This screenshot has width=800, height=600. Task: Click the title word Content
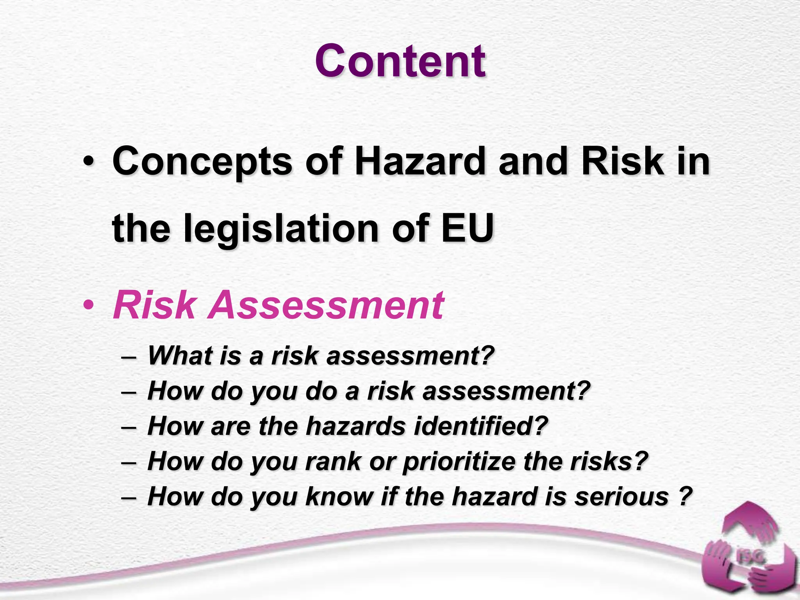tap(400, 61)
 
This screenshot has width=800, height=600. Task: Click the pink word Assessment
tap(326, 305)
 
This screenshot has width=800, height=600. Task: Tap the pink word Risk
tap(154, 305)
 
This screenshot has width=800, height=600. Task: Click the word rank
tap(333, 461)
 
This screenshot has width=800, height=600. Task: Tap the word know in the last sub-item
tap(339, 496)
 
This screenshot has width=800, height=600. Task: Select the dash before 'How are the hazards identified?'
tap(129, 427)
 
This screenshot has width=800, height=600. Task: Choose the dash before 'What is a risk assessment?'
tap(129, 356)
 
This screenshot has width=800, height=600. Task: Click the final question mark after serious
tap(684, 496)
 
